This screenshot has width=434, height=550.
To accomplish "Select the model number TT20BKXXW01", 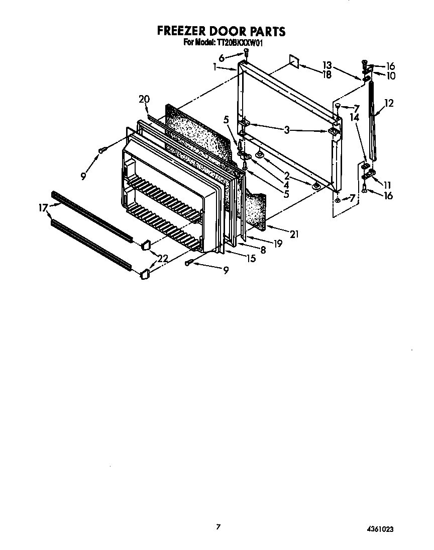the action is point(240,43).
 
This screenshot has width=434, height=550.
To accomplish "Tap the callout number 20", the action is point(144,99).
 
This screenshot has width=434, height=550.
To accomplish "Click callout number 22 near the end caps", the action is point(162,258).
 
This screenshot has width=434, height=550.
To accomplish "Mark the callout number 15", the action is point(251,259).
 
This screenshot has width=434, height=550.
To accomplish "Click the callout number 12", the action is point(389,103).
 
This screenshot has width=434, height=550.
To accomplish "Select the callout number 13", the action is point(327,65).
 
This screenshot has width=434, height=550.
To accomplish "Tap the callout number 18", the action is point(327,75).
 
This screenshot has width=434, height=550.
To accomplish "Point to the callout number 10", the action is point(390,76).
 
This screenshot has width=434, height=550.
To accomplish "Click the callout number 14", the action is point(354,117).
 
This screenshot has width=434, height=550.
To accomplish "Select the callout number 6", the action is point(235,58).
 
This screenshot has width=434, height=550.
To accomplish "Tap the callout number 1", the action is point(214,66).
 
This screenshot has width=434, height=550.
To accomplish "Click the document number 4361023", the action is point(380,529).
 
